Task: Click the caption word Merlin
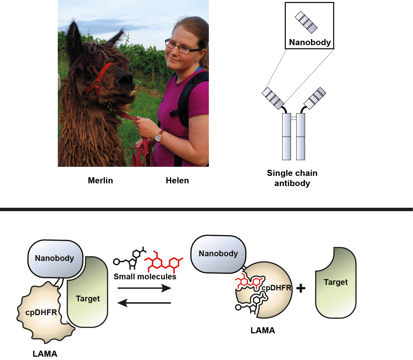[100, 181]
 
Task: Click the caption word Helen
[177, 181]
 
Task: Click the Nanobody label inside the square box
[310, 42]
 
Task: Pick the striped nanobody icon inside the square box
[306, 22]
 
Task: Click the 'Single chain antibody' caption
[292, 178]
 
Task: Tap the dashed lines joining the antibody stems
[294, 118]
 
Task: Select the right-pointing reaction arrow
[144, 288]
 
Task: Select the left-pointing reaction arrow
[144, 303]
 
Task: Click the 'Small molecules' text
[145, 277]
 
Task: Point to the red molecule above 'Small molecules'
[164, 262]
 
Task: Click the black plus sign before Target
[301, 288]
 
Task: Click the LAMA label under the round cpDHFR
[263, 331]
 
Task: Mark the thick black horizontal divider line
[206, 209]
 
